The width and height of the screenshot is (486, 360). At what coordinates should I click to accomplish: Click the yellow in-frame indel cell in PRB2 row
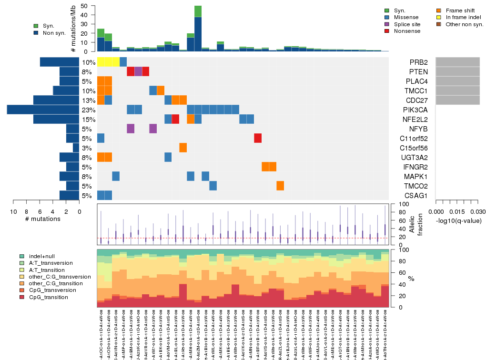[x=108, y=62]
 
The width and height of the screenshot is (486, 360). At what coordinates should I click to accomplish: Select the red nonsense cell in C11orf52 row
[x=258, y=138]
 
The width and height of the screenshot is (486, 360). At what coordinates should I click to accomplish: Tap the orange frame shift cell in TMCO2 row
[x=280, y=186]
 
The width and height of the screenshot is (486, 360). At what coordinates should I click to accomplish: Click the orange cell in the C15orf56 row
[x=183, y=148]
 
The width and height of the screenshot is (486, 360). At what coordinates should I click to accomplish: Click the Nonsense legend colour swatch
[x=387, y=31]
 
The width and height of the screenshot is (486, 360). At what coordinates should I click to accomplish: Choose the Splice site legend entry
[x=407, y=24]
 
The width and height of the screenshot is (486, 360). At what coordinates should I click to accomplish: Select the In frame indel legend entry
[x=460, y=17]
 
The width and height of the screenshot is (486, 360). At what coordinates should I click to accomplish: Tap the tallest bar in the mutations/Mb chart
[x=198, y=29]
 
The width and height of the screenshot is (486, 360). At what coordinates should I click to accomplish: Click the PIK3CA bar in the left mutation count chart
[x=43, y=110]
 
